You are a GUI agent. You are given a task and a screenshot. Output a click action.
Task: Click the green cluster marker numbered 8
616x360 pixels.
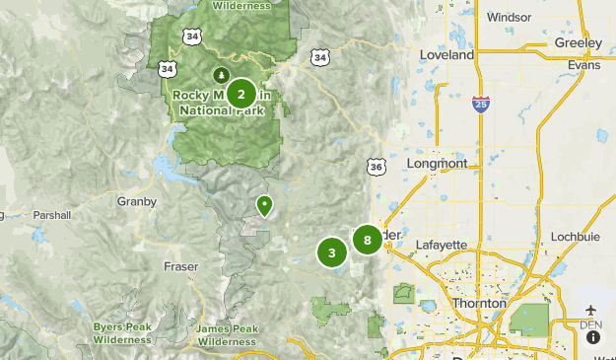coord(367,239)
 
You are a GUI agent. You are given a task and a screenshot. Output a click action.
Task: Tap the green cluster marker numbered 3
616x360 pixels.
coord(332,252)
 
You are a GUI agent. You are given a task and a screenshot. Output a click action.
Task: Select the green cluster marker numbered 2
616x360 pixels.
coord(241,95)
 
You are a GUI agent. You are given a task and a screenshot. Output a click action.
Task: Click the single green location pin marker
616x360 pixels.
coord(264,205)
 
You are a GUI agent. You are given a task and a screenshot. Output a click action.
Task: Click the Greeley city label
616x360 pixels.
coord(579,43)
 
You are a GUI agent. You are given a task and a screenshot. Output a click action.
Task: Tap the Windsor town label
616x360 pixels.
coord(509,17)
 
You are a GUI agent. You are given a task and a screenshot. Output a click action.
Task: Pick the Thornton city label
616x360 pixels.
coord(480,303)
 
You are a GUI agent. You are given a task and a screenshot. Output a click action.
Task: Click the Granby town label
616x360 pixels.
coord(137,201)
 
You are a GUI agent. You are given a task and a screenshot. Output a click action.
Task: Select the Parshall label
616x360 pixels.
coord(51,215)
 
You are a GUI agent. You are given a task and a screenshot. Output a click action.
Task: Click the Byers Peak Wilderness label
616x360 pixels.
coord(123,333)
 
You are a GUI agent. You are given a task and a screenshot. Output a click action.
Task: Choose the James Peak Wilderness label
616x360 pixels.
coord(227,335)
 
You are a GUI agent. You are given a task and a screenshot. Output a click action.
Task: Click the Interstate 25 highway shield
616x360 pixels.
coord(480,104)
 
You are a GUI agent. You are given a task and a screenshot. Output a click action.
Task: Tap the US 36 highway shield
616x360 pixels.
coord(376,168)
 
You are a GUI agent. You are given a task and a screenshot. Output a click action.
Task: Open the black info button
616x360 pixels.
coord(593,337)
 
